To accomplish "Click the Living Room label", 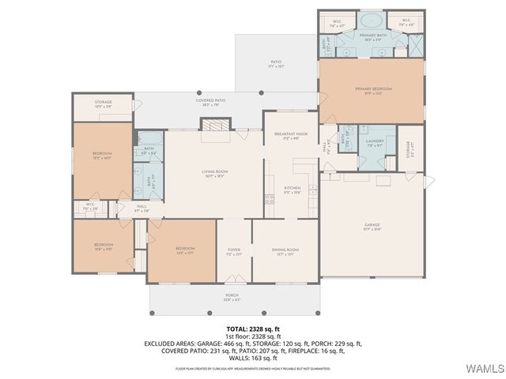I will pyautogui.click(x=214, y=172).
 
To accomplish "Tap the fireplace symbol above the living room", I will pyautogui.click(x=213, y=125).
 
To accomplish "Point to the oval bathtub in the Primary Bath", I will pyautogui.click(x=372, y=21).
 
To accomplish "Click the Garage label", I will pyautogui.click(x=372, y=227).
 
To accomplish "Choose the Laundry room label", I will pyautogui.click(x=375, y=142).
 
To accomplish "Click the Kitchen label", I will pyautogui.click(x=293, y=189).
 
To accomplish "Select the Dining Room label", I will pyautogui.click(x=285, y=251).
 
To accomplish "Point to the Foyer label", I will pyautogui.click(x=234, y=251).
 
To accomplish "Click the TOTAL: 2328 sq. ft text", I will pyautogui.click(x=253, y=328).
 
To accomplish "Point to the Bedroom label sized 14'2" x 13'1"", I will pyautogui.click(x=183, y=251).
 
